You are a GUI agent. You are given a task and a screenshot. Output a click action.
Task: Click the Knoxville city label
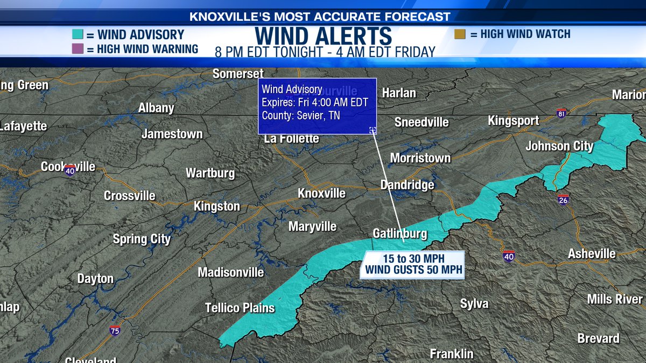(x=322, y=193)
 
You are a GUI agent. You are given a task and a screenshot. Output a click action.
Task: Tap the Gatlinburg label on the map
(x=399, y=233)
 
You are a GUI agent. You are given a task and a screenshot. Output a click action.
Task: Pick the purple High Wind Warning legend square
(x=78, y=49)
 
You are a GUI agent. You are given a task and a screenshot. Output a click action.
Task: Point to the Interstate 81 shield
(x=562, y=113)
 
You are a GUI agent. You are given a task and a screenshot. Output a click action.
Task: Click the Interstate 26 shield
(x=563, y=199)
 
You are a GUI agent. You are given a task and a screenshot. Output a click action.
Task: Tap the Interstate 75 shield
(x=115, y=330)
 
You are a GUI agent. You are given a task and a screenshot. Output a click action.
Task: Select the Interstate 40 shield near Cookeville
(x=70, y=170)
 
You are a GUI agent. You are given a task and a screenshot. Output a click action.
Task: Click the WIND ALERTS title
(x=324, y=35)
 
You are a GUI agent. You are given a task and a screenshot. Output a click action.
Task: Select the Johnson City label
(x=559, y=146)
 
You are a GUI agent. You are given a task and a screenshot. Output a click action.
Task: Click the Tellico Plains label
(x=240, y=308)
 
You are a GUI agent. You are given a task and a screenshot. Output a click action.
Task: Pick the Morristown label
(x=420, y=158)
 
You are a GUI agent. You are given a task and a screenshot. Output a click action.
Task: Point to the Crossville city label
(x=129, y=196)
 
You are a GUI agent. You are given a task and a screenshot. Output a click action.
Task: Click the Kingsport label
(x=513, y=120)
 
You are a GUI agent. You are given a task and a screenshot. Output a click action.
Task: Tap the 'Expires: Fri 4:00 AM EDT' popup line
(x=308, y=102)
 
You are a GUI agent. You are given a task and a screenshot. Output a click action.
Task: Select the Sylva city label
(x=474, y=304)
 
